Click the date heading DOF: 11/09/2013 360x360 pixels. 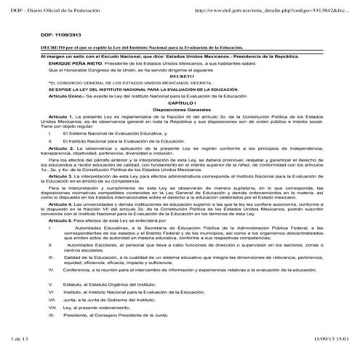click(60, 34)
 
